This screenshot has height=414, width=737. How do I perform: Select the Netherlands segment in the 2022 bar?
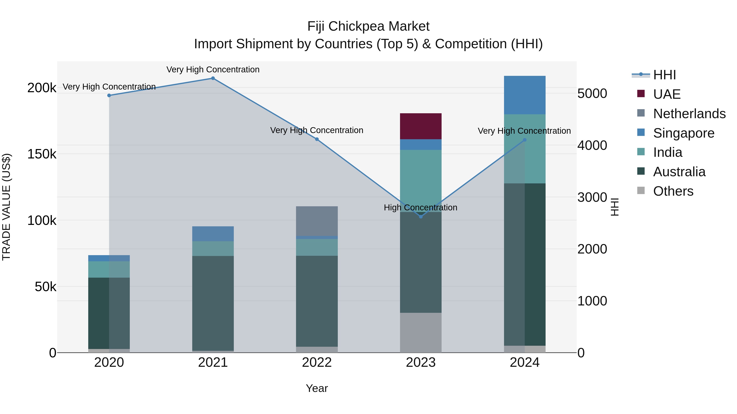[x=317, y=221]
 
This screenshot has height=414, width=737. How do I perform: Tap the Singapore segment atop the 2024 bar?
[x=524, y=95]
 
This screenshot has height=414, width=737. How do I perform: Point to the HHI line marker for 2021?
[x=213, y=78]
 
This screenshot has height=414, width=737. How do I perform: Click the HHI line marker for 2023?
[x=420, y=217]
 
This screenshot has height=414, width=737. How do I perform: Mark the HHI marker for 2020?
[x=109, y=95]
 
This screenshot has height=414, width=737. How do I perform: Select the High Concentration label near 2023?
[x=420, y=208]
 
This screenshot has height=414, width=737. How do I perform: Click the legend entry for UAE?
[x=667, y=94]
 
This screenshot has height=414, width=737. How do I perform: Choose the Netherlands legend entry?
[x=689, y=114]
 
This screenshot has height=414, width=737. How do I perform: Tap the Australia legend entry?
[x=679, y=172]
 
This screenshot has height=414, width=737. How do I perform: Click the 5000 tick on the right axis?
[x=592, y=93]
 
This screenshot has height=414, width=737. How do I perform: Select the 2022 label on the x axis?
[x=317, y=362]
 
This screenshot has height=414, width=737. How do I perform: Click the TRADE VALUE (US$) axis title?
[x=6, y=207]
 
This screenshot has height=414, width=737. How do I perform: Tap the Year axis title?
[x=317, y=388]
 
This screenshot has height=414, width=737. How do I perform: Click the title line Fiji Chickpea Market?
[x=368, y=26]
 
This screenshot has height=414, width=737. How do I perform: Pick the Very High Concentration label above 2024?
[x=524, y=131]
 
